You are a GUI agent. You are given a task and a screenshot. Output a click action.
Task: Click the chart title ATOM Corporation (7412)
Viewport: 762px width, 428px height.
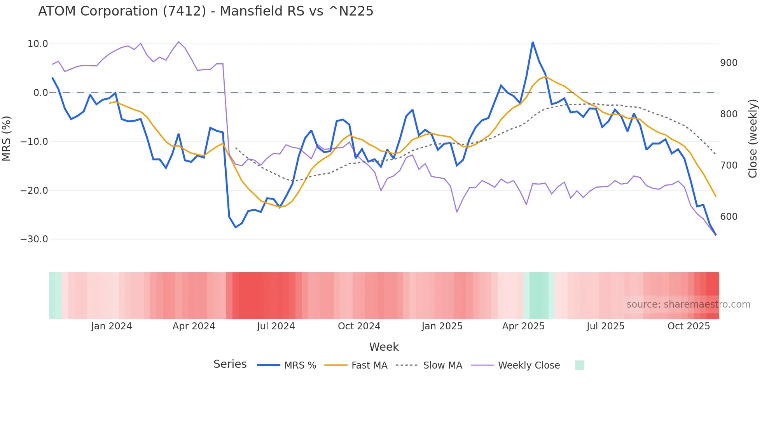point(205,11)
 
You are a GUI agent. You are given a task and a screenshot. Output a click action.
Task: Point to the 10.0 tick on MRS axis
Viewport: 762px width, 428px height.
point(38,44)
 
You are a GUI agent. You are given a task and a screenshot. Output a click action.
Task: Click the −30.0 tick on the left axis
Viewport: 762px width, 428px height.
point(34,239)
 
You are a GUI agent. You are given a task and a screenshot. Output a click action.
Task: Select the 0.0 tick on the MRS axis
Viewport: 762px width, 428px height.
point(40,93)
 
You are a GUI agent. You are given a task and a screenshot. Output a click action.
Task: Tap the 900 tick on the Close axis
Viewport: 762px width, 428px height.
point(729,63)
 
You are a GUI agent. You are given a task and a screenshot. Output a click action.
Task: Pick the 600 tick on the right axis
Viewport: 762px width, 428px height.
point(729,217)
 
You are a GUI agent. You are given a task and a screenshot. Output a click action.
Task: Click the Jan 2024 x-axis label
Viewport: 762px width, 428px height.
point(112,326)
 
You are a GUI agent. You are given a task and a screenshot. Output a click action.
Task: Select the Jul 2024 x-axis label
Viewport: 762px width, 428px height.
point(276,326)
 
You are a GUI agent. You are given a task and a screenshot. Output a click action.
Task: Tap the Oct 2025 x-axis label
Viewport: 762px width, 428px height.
point(689,326)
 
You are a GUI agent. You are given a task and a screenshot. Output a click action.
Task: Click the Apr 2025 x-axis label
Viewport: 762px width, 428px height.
point(523,326)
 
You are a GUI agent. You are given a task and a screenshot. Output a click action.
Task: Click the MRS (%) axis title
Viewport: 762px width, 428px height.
point(7,138)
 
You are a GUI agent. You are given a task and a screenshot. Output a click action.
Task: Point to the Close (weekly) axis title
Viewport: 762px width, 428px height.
point(753,138)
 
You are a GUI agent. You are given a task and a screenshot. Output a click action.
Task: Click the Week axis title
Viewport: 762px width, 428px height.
point(384,347)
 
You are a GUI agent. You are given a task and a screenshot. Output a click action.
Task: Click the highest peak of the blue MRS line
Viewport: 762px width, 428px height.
point(533,42)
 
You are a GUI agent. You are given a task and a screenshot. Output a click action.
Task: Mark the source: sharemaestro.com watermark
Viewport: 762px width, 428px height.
point(688,304)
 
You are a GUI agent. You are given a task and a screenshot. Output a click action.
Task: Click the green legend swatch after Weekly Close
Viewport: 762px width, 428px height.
point(579,365)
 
